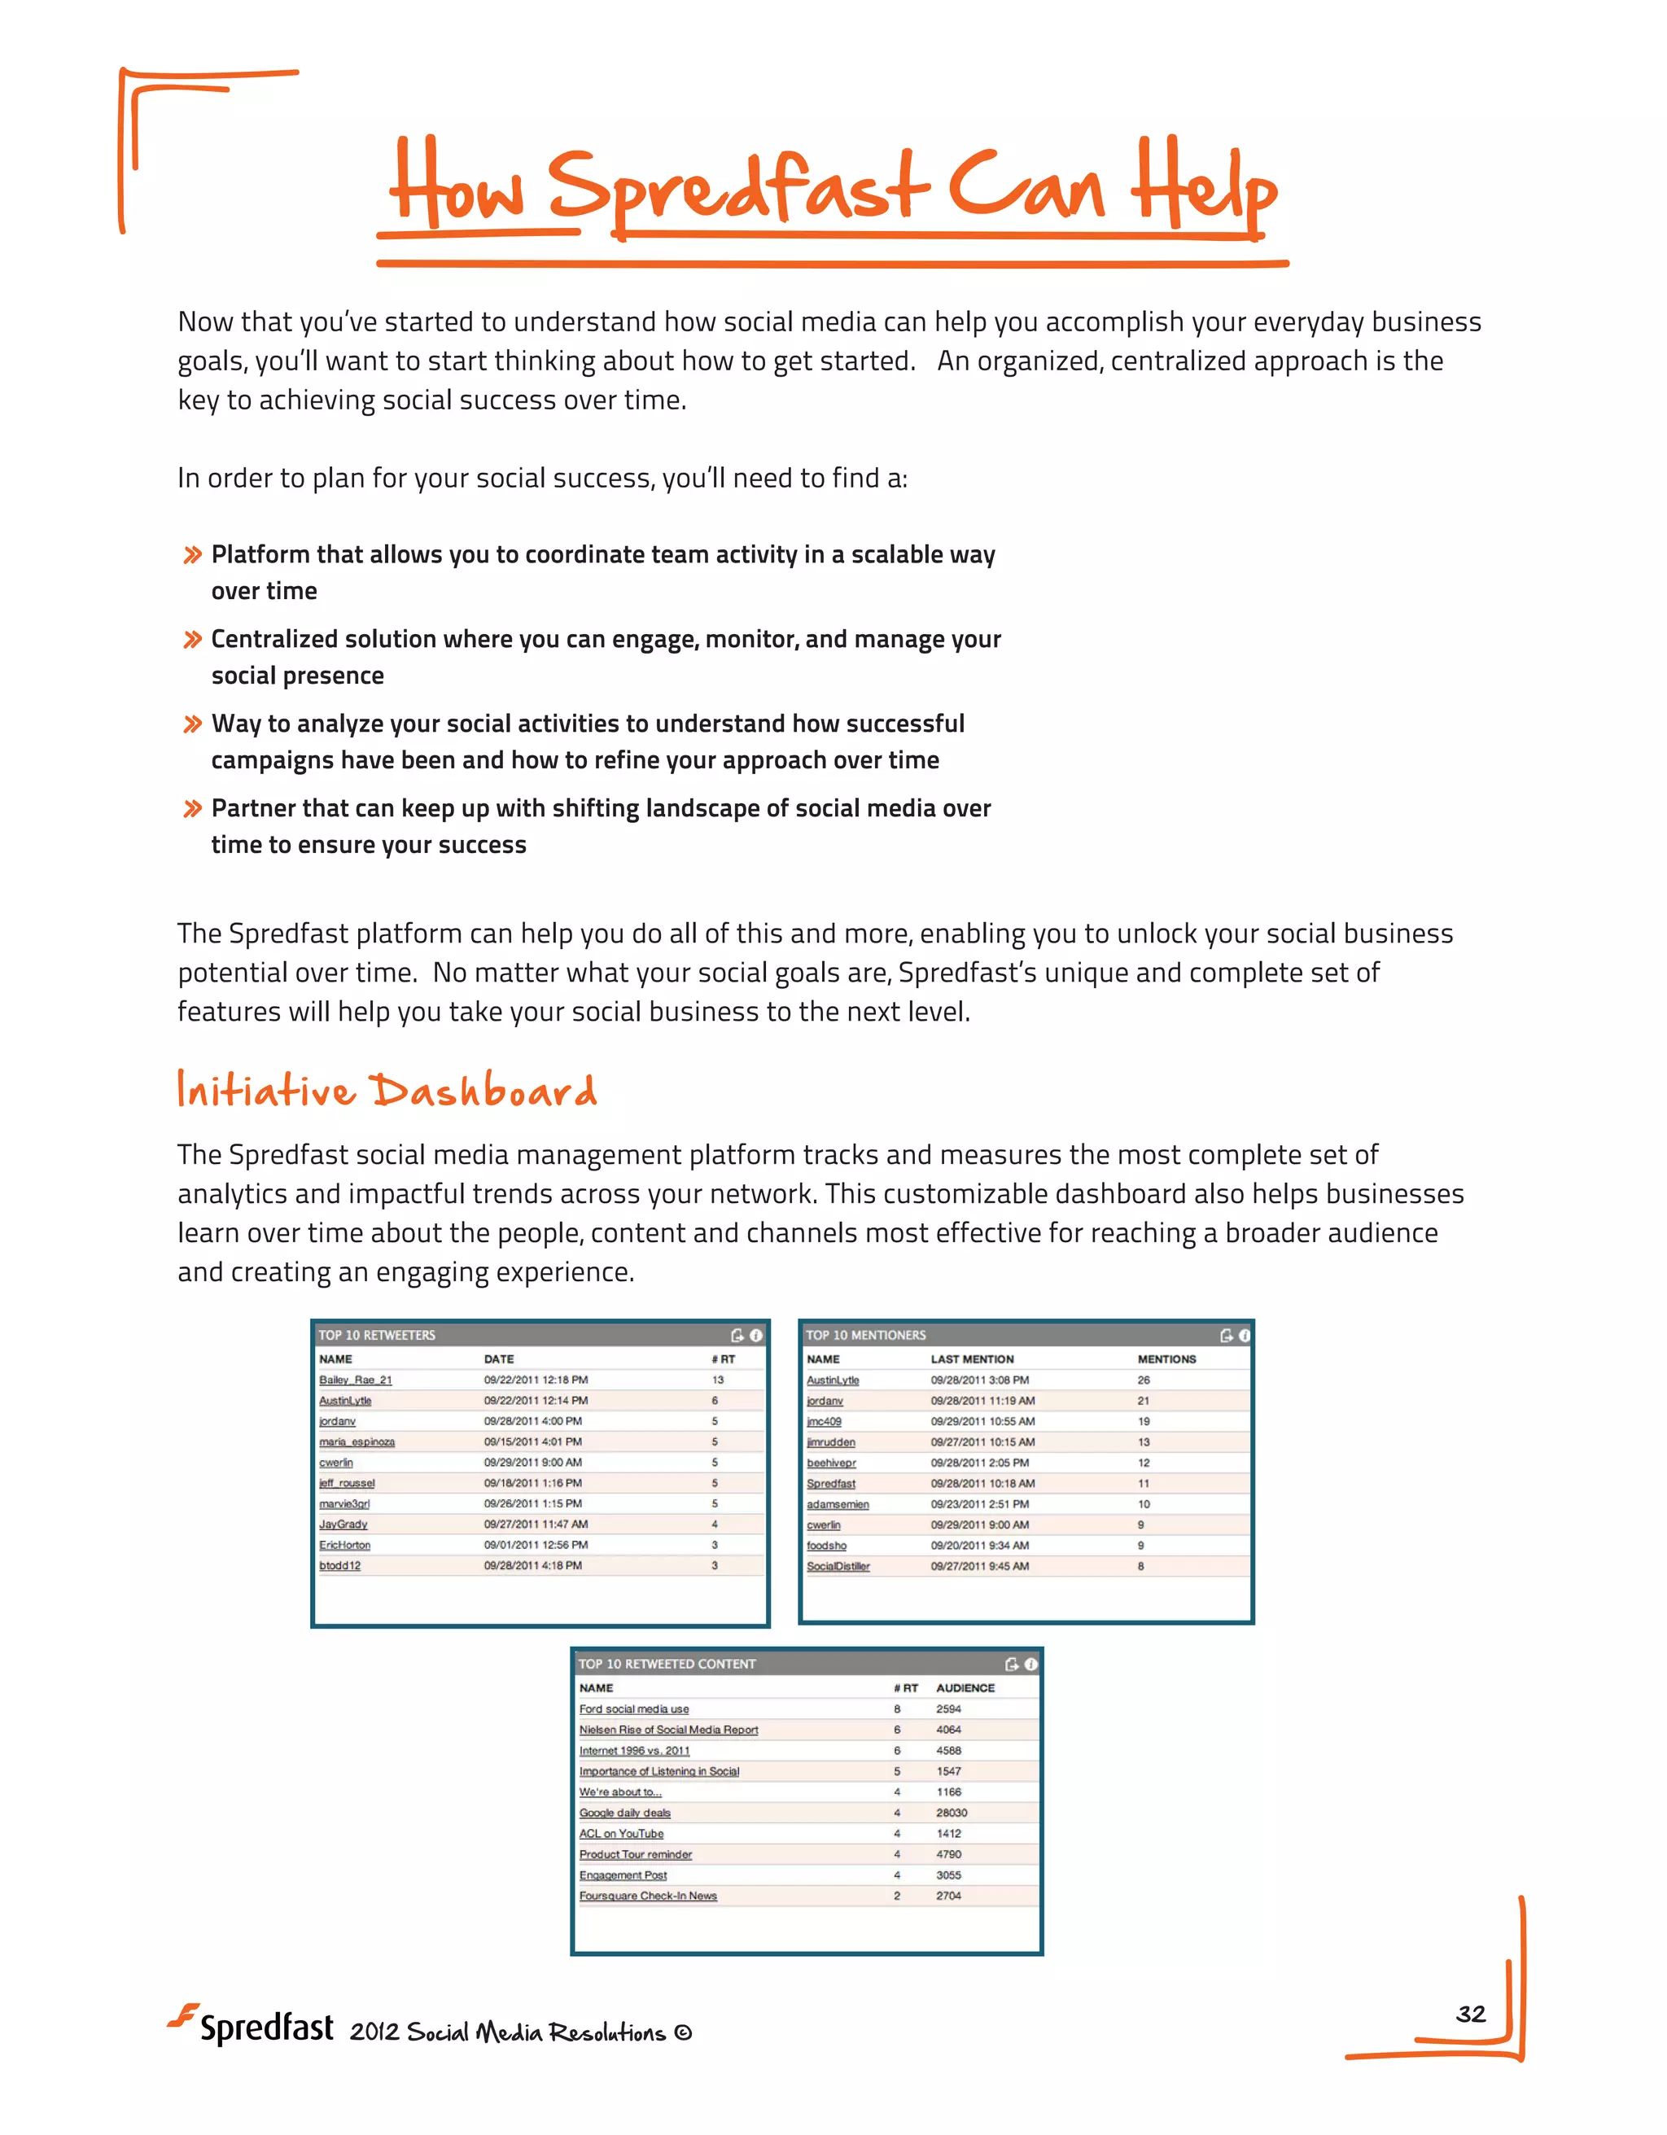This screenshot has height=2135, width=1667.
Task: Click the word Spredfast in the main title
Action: coord(738,186)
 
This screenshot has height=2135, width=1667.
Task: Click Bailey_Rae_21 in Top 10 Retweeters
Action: coord(355,1380)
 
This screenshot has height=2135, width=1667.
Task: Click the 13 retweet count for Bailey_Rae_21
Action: coord(718,1380)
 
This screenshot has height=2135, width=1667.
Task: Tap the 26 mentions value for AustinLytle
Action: coord(1143,1380)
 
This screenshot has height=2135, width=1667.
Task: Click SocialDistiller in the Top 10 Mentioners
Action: coord(838,1566)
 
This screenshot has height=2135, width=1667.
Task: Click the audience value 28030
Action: coord(951,1813)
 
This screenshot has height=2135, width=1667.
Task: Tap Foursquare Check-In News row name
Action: coord(647,1896)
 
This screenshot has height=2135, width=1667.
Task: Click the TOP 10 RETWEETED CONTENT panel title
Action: coord(667,1664)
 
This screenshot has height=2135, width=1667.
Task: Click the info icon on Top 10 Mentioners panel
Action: coord(1244,1336)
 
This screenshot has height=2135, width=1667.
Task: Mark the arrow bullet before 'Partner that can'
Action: coord(193,808)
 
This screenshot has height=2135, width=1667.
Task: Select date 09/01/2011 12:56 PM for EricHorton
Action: coord(536,1545)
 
